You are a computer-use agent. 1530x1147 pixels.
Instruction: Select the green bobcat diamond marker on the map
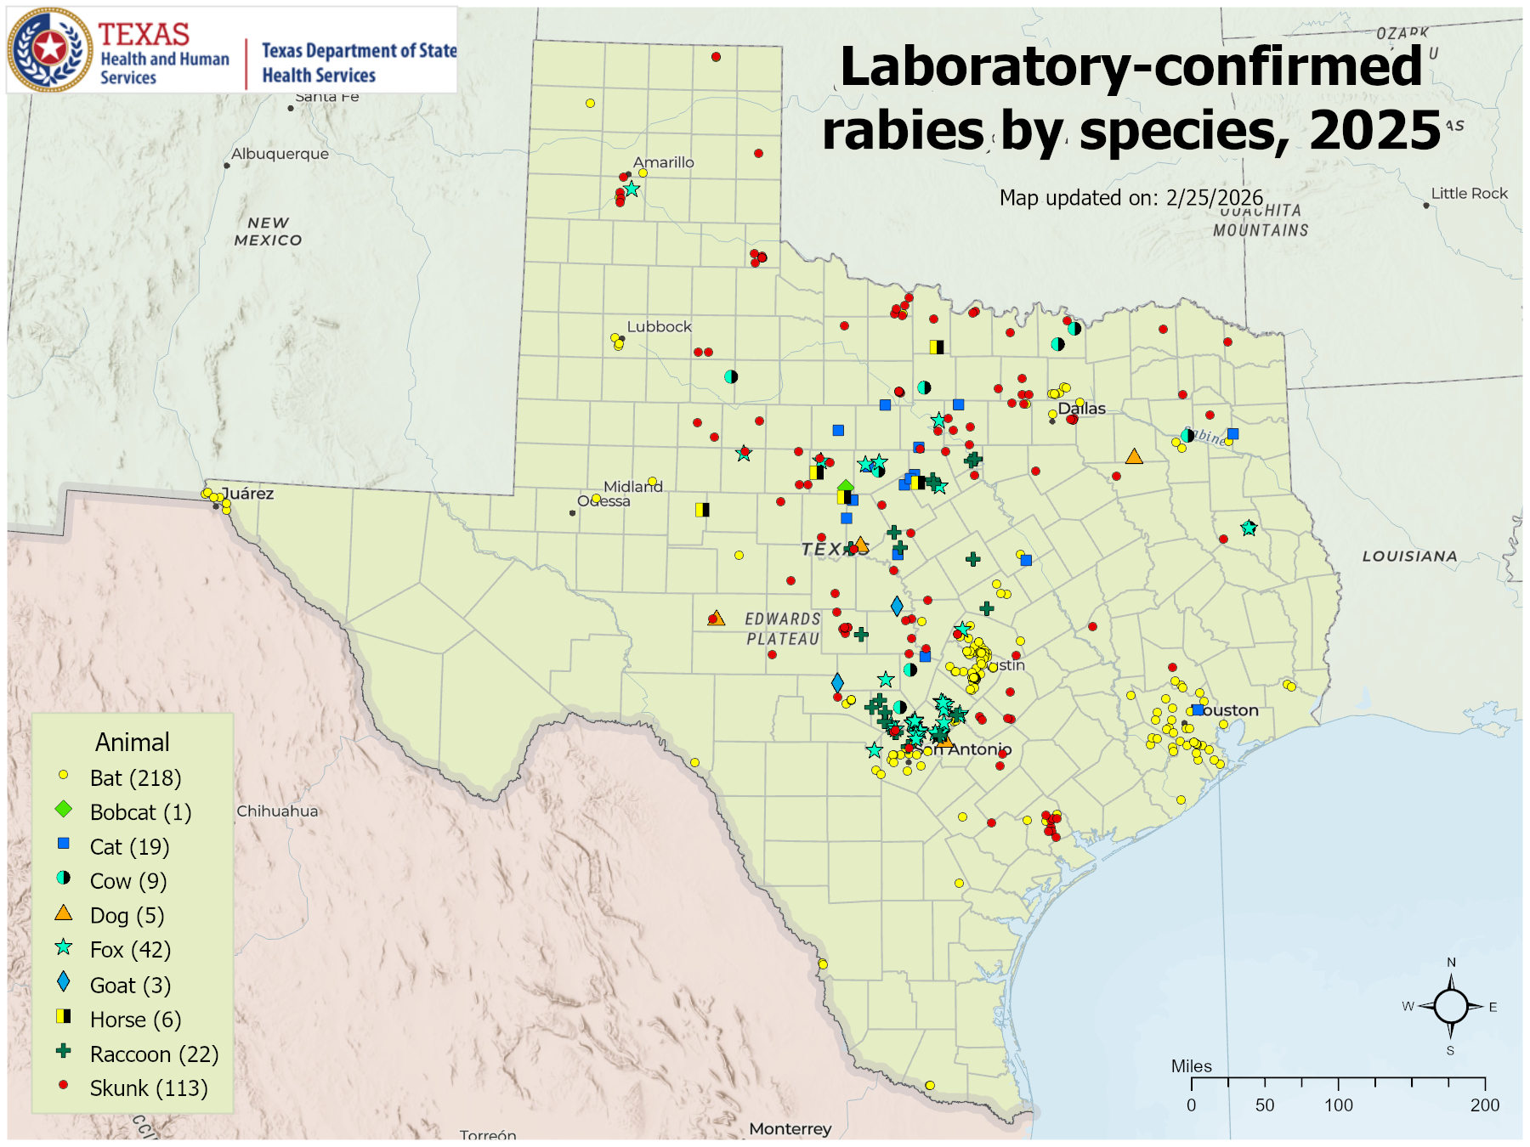845,487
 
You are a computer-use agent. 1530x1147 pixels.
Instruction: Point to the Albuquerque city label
280,154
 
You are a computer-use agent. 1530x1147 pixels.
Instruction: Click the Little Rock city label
1469,194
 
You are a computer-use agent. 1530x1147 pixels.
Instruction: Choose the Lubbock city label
659,327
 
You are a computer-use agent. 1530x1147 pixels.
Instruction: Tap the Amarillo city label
663,162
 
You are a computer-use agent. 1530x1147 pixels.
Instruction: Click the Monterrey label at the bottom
790,1129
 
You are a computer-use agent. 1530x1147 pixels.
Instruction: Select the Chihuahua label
277,811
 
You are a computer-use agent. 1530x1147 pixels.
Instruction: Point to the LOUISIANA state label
1409,557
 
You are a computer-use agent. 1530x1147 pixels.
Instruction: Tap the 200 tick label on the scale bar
1484,1105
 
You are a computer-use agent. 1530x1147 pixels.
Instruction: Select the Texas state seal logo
50,49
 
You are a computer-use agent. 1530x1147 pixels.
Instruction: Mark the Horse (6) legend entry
135,1020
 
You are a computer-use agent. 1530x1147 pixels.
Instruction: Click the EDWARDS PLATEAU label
783,629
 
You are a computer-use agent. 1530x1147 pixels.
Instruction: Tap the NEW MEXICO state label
268,231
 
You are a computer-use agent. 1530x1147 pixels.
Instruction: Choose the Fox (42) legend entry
130,950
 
